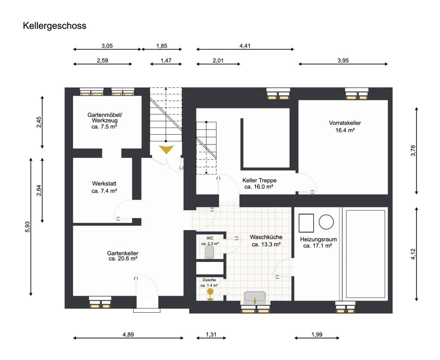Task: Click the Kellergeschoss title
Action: tap(55, 26)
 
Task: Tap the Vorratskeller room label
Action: tap(345, 123)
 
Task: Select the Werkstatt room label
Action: tap(104, 184)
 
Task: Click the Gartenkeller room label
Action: tap(122, 253)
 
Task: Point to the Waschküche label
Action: tap(266, 237)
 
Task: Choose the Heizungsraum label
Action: tap(318, 240)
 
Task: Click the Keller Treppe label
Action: tap(259, 180)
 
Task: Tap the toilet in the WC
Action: tap(210, 252)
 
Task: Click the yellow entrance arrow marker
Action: tap(166, 149)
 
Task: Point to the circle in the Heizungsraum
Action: tap(326, 222)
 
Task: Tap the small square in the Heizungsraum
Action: tap(306, 223)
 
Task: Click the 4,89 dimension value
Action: tap(128, 335)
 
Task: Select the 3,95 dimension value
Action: tap(343, 61)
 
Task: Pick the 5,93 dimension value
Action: tap(27, 227)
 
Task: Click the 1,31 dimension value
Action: tap(211, 335)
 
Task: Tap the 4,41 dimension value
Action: tap(245, 46)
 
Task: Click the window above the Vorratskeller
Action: tap(356, 94)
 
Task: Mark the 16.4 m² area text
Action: tap(345, 130)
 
